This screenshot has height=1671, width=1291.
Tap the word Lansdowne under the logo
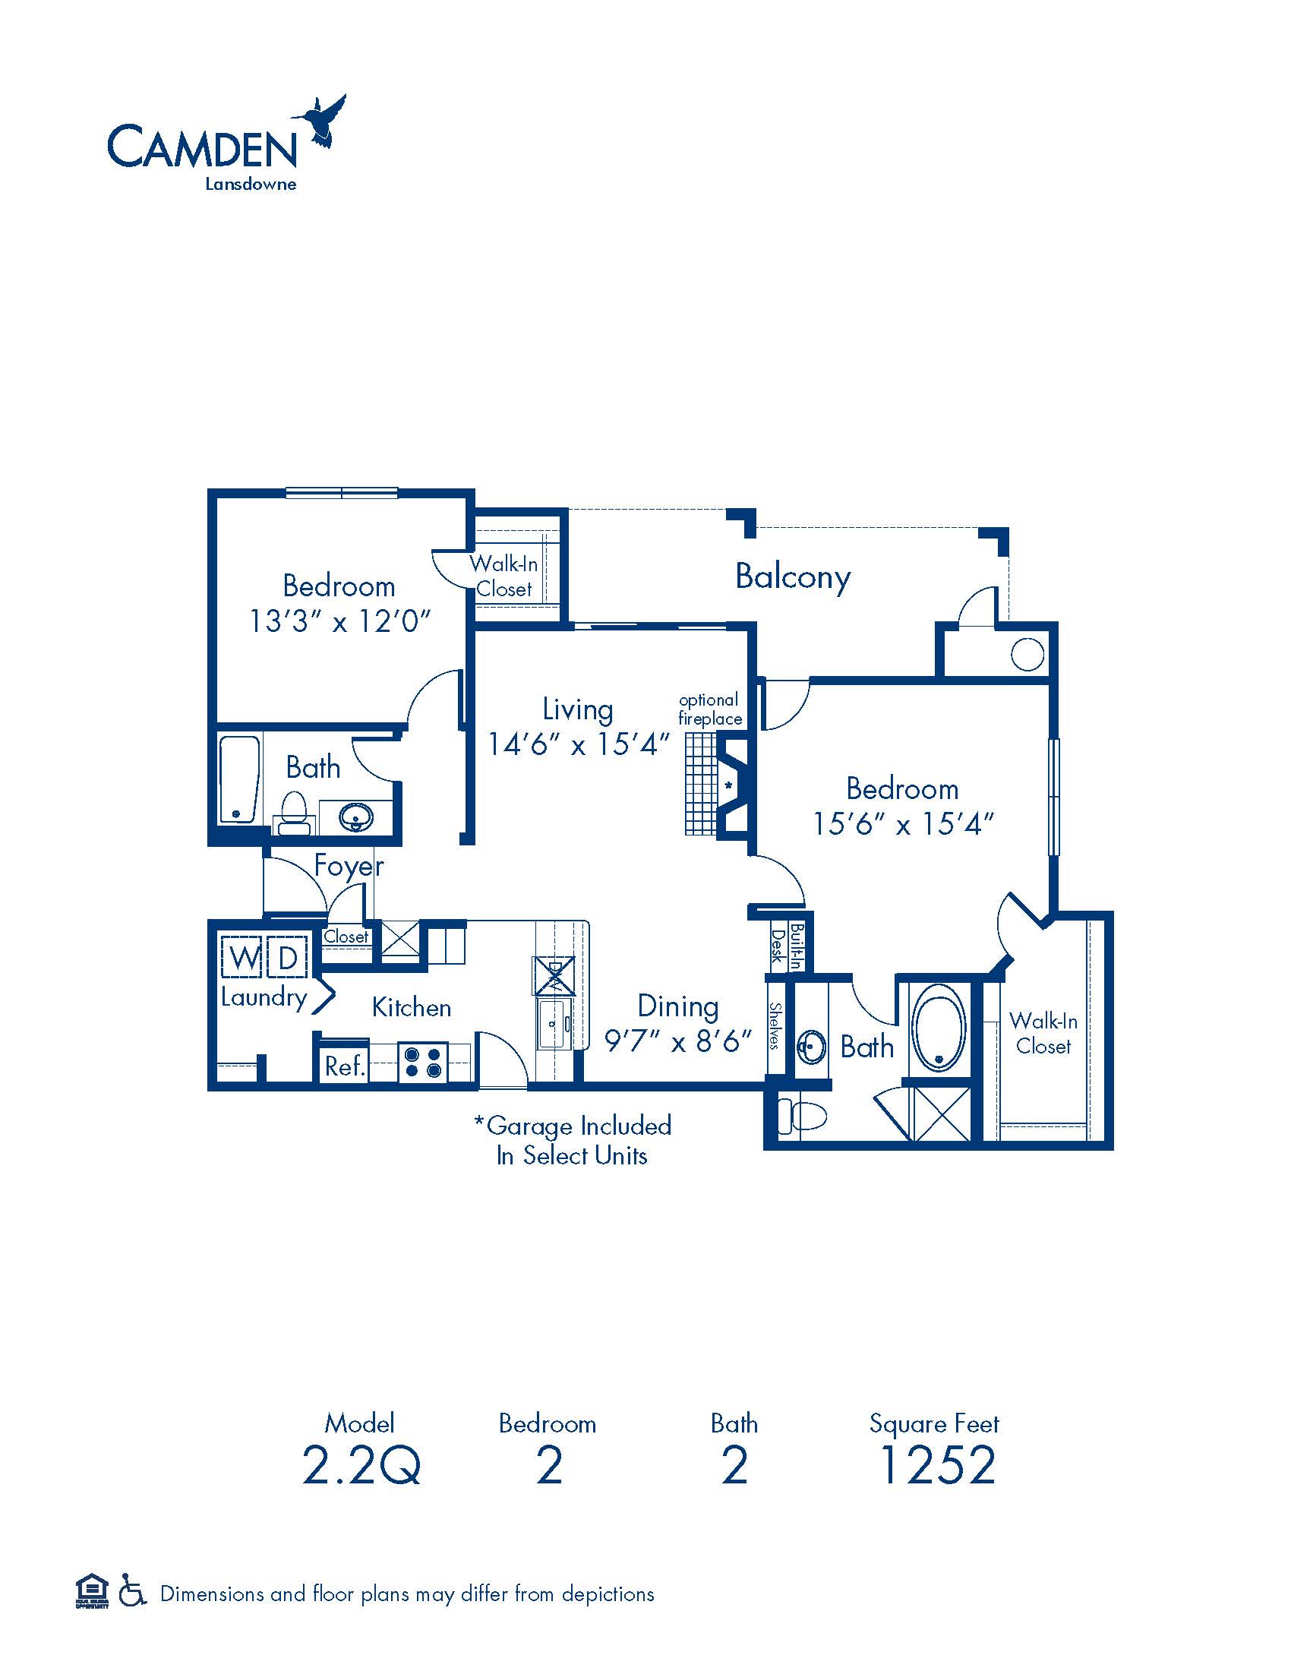click(x=250, y=185)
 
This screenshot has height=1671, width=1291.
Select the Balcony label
click(x=792, y=577)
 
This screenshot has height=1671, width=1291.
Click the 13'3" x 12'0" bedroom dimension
click(x=340, y=621)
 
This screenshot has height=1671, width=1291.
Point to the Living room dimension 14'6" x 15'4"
click(x=578, y=744)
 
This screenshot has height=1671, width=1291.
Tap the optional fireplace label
click(x=710, y=709)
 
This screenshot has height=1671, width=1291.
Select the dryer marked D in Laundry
click(x=289, y=957)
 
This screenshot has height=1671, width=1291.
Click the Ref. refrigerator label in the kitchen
click(x=344, y=1066)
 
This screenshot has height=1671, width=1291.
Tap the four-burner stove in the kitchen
click(x=422, y=1063)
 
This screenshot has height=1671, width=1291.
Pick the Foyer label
click(x=349, y=867)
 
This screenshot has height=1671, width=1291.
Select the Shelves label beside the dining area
click(x=775, y=1026)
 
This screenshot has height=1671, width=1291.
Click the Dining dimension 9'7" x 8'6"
click(x=678, y=1041)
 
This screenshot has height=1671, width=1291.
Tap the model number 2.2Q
click(x=361, y=1465)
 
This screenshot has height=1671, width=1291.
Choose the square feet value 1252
click(x=938, y=1465)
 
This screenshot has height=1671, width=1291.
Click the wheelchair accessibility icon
click(x=131, y=1593)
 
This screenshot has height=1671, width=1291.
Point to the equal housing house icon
click(x=92, y=1591)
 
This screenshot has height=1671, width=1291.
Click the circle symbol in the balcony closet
click(x=1027, y=654)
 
